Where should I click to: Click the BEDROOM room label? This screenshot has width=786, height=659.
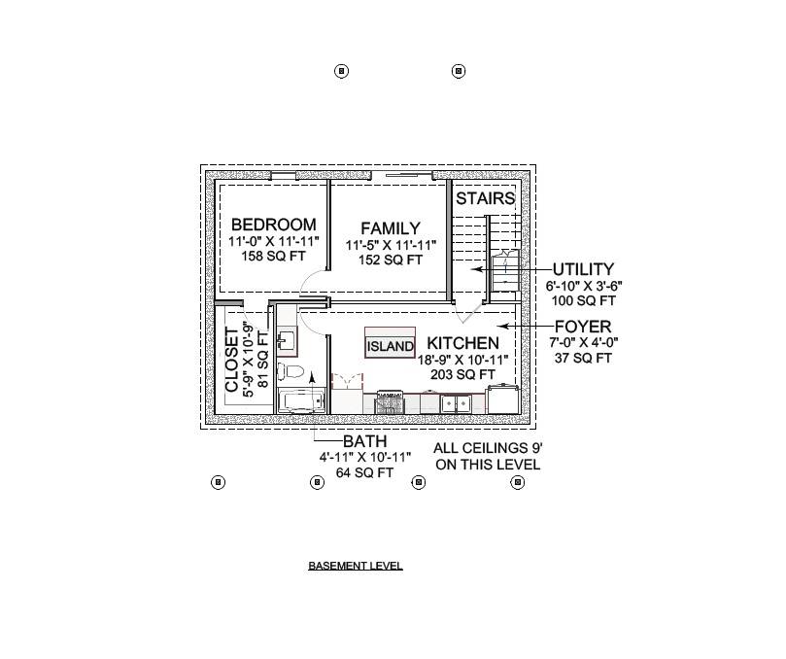pyautogui.click(x=273, y=225)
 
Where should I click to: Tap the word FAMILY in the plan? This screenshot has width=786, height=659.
pyautogui.click(x=390, y=228)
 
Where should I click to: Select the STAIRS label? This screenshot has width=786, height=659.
pyautogui.click(x=485, y=198)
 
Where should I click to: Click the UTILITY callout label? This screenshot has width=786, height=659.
pyautogui.click(x=583, y=269)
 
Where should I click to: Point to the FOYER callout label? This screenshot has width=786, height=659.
pyautogui.click(x=583, y=327)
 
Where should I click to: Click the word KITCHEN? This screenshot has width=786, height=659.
pyautogui.click(x=463, y=343)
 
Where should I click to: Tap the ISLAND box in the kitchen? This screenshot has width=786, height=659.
pyautogui.click(x=390, y=346)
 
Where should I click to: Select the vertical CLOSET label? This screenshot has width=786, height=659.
pyautogui.click(x=232, y=360)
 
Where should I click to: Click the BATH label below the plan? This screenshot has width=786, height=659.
pyautogui.click(x=364, y=441)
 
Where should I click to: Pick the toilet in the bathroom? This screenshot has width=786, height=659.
pyautogui.click(x=291, y=370)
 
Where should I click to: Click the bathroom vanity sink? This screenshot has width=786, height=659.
pyautogui.click(x=287, y=340)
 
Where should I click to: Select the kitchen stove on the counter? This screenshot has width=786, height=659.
pyautogui.click(x=390, y=400)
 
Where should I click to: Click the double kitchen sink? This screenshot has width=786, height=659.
pyautogui.click(x=454, y=402)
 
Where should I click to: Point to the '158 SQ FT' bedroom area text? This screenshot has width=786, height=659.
pyautogui.click(x=273, y=258)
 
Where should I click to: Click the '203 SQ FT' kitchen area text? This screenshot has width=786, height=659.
pyautogui.click(x=463, y=374)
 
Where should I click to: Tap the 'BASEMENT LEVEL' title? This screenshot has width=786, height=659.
pyautogui.click(x=355, y=566)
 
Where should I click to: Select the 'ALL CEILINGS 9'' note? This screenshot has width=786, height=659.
pyautogui.click(x=488, y=448)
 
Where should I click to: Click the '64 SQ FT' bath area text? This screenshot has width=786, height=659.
pyautogui.click(x=364, y=473)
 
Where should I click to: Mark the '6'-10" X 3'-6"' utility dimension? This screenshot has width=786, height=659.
pyautogui.click(x=583, y=287)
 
